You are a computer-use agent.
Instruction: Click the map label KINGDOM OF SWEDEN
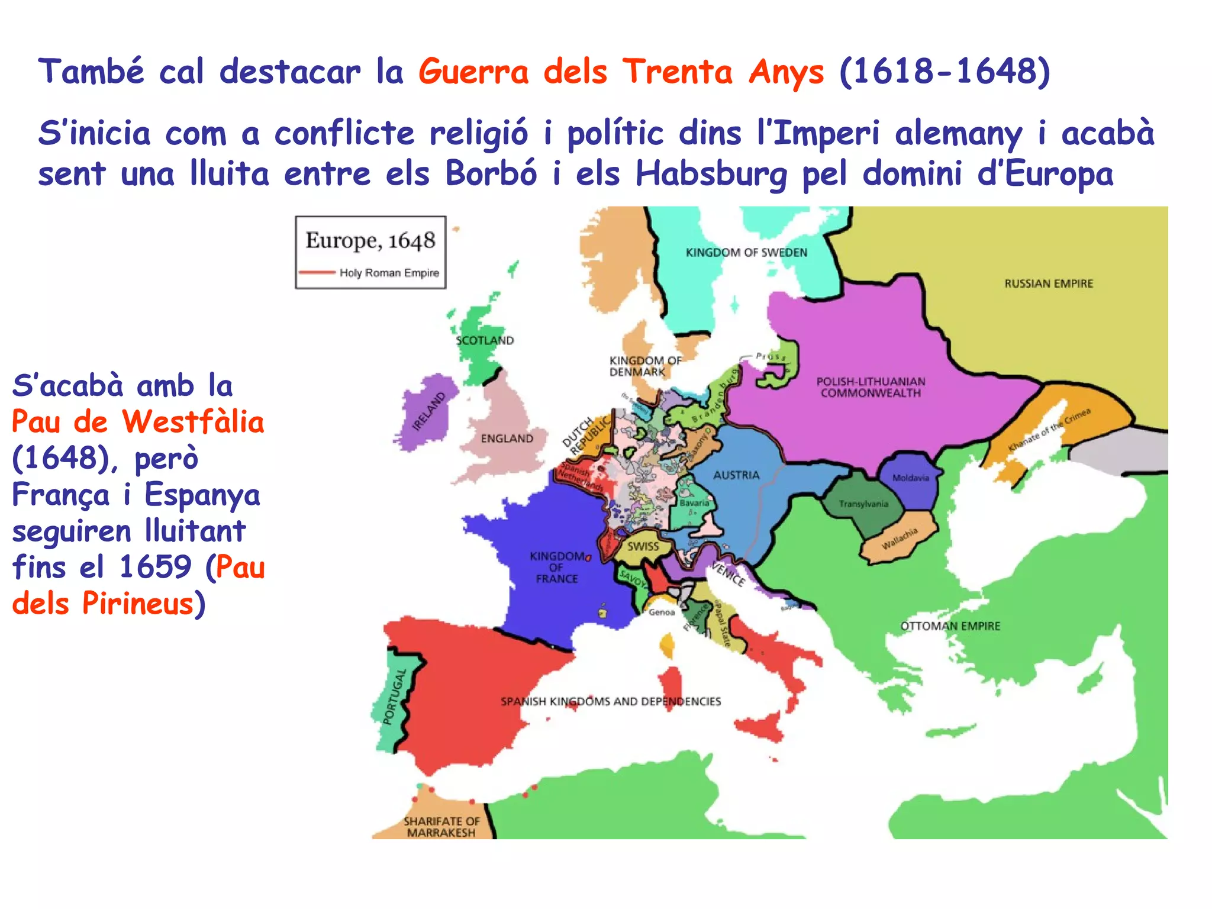746,253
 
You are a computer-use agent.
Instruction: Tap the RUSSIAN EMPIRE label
1048,283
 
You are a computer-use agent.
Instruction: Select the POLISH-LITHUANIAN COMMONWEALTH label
871,387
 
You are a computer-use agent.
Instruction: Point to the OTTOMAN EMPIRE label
950,626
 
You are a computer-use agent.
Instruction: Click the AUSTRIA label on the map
736,475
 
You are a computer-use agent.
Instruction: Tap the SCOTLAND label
485,340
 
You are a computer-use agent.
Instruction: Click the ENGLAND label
507,439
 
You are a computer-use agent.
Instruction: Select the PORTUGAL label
394,697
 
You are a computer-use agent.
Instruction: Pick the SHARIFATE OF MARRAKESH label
441,827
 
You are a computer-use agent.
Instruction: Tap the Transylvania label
863,504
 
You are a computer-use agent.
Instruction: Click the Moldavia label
911,478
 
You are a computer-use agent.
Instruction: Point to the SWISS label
643,546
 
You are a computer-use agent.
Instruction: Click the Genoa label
662,612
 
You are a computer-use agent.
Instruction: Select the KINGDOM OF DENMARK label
645,366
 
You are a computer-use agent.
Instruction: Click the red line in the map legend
317,273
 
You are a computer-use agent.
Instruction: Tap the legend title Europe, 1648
370,241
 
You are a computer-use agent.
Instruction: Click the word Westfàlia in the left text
193,423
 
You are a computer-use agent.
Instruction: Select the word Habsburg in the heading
711,174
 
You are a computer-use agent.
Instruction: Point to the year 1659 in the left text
155,567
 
